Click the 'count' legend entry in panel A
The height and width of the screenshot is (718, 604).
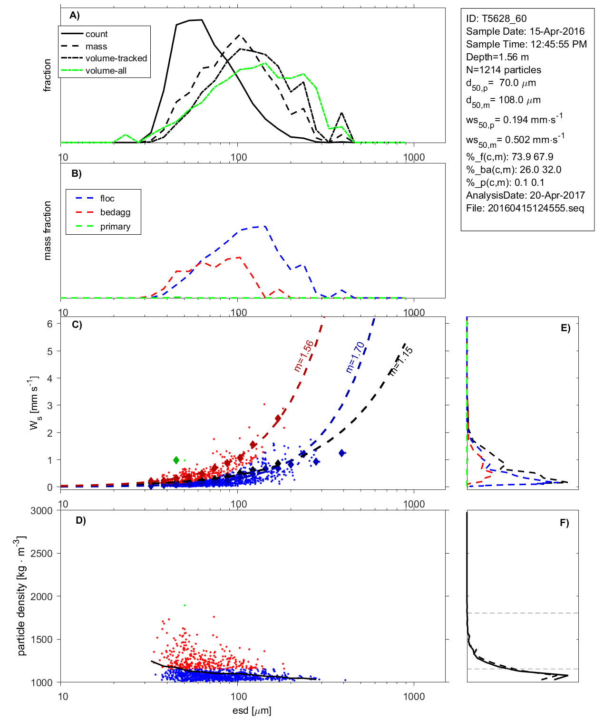tap(97, 34)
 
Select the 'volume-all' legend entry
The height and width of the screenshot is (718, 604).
tap(106, 71)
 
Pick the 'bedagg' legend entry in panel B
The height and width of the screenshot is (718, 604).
tap(115, 212)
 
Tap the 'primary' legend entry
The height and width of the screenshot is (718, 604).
tap(115, 227)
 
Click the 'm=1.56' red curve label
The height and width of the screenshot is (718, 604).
tap(304, 356)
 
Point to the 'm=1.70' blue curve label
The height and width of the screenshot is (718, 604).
tap(355, 357)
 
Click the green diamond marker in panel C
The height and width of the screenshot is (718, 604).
tap(176, 460)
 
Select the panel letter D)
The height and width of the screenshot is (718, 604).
tap(81, 520)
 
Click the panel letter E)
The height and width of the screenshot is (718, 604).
tap(565, 328)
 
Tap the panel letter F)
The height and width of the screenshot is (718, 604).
tap(564, 523)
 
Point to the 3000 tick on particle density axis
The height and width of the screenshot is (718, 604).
tap(41, 511)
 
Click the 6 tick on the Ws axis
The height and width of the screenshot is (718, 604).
tap(49, 324)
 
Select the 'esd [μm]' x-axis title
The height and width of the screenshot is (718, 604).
tap(252, 711)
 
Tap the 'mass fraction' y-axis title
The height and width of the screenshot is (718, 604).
tap(47, 230)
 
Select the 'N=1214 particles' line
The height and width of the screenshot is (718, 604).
tap(503, 70)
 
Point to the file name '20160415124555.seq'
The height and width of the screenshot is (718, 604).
tap(536, 208)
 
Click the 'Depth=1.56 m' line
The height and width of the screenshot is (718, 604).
tap(497, 57)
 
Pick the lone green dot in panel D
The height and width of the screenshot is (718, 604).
tap(185, 605)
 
